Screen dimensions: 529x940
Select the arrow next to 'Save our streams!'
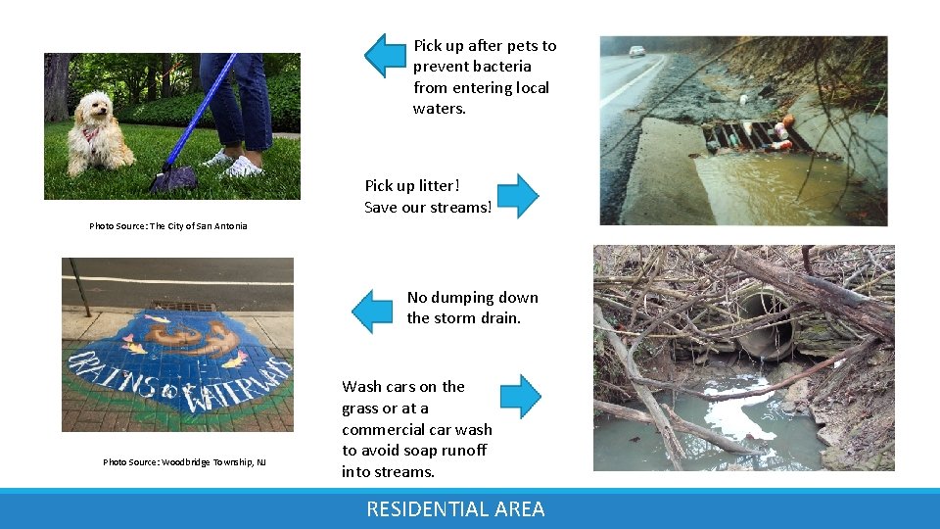point(518,196)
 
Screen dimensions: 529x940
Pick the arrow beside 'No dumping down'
point(372,311)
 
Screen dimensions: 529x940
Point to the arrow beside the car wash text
point(520,397)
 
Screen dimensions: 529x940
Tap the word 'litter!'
point(437,186)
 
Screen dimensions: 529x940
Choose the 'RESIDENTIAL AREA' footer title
point(455,509)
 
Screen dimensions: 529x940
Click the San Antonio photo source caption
point(168,226)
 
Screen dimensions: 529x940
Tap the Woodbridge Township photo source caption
point(184,462)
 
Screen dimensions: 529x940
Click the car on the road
point(637,51)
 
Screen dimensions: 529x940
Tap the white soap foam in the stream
point(744,411)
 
